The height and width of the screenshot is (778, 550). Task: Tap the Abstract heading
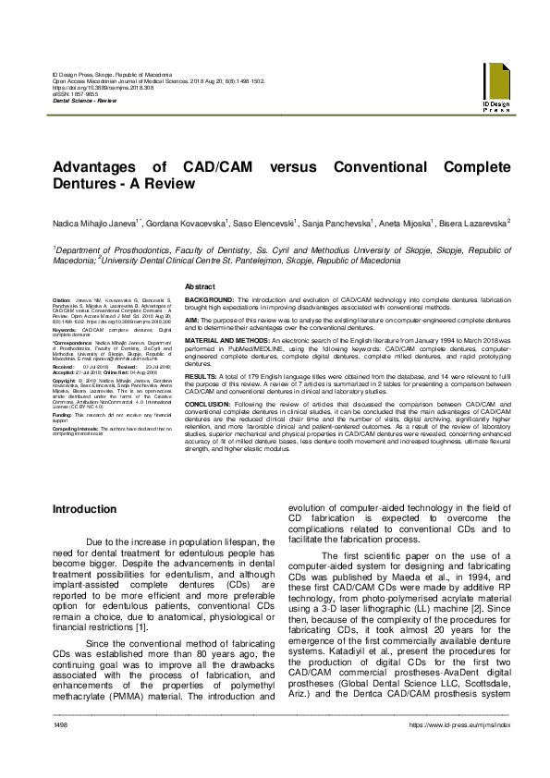coord(201,287)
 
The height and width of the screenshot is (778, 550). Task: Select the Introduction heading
coord(85,510)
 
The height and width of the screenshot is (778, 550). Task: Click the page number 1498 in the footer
coord(62,751)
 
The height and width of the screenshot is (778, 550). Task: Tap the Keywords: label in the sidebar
coord(66,329)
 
